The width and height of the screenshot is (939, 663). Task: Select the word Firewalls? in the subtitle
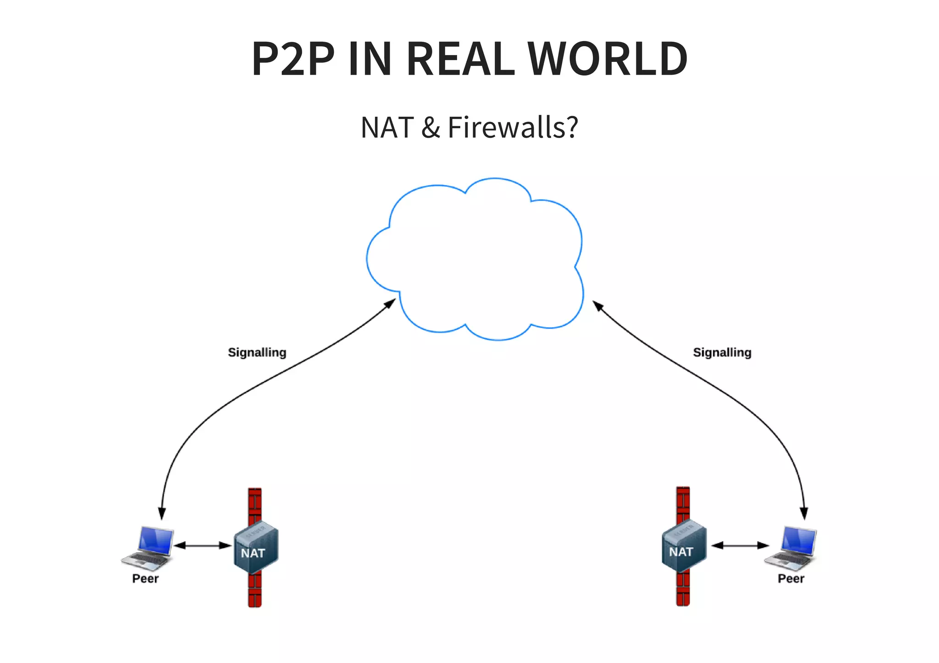(x=513, y=127)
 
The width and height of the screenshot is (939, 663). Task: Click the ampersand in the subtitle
(x=431, y=128)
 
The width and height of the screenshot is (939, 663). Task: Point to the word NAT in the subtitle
(x=387, y=128)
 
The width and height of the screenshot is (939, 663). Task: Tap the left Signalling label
(x=257, y=352)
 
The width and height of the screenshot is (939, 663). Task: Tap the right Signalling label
(x=722, y=352)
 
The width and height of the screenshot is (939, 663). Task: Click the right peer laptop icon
(x=792, y=547)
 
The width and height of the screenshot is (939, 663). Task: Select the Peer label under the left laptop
(x=145, y=579)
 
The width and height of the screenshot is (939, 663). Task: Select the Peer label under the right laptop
(x=790, y=579)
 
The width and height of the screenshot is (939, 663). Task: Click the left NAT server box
(x=256, y=548)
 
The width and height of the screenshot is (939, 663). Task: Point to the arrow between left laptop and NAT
(x=203, y=545)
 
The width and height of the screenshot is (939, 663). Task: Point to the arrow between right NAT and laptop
(x=740, y=545)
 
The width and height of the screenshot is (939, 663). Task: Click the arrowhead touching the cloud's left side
(x=391, y=303)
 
